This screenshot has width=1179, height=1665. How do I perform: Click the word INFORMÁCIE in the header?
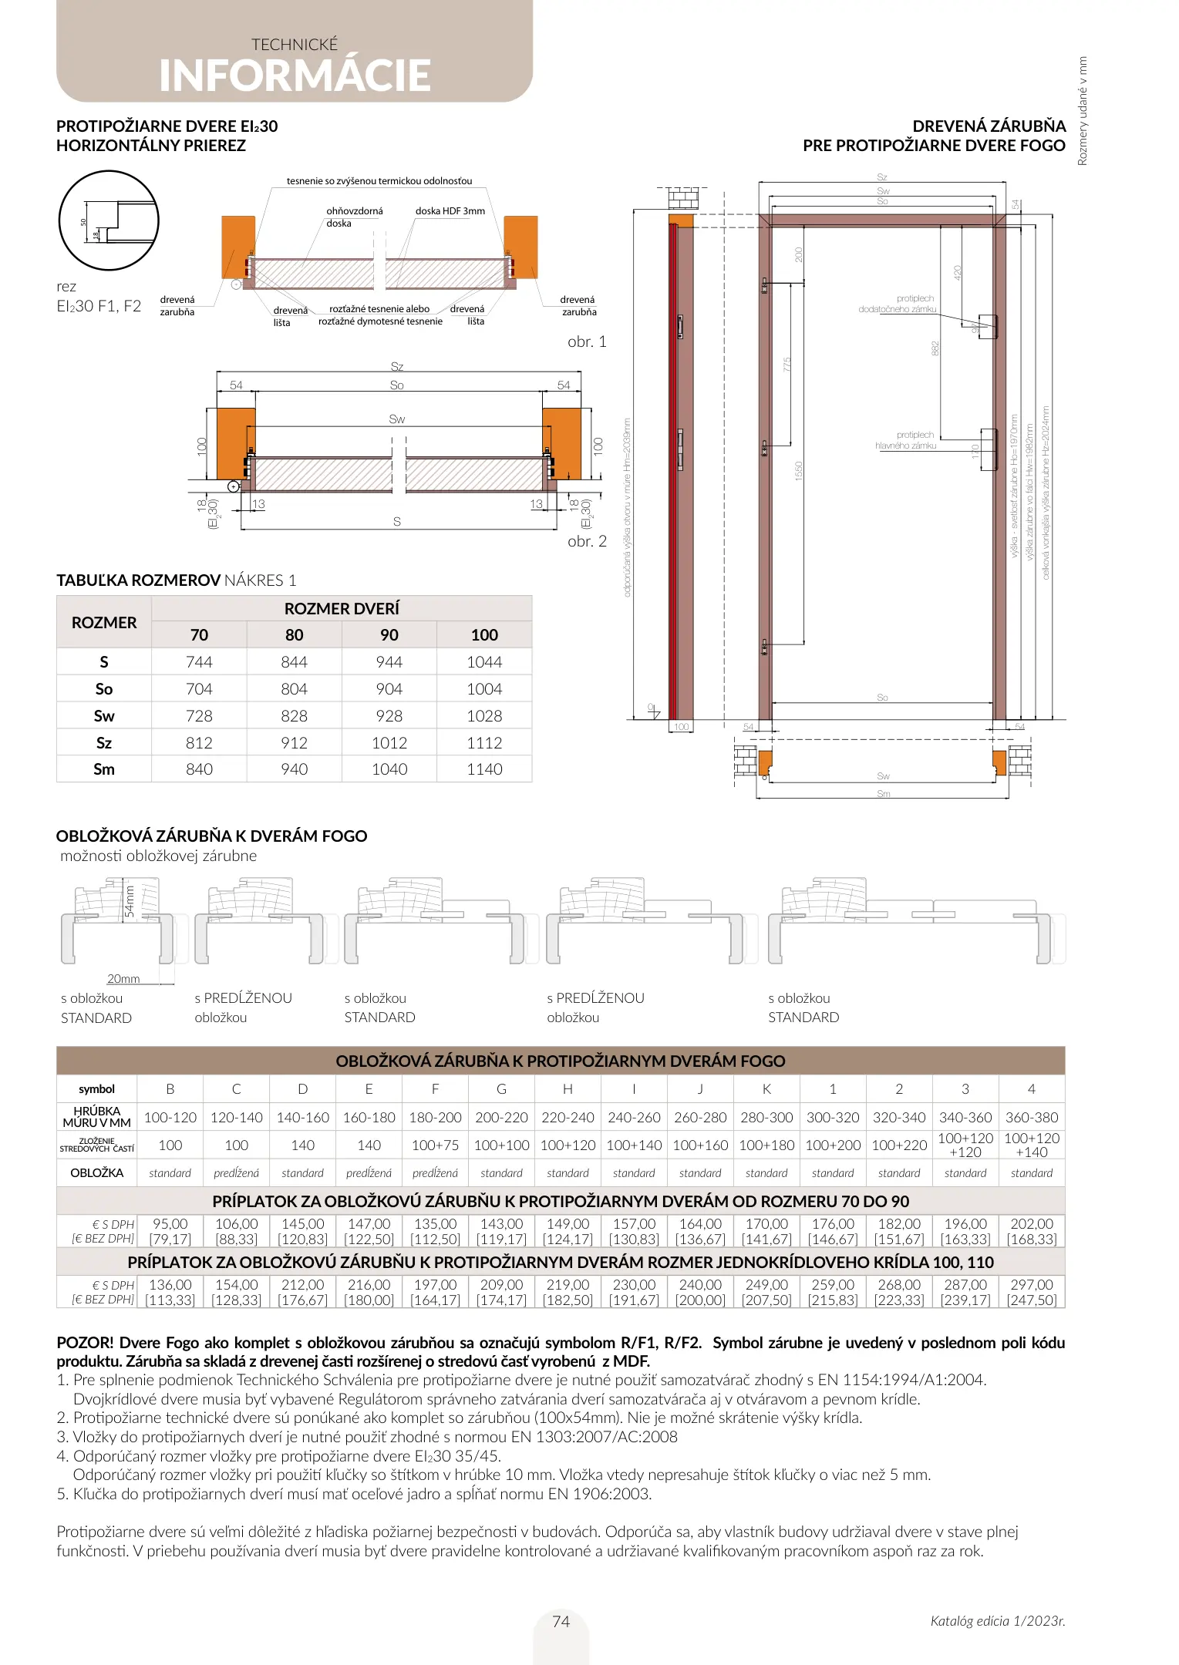(x=295, y=76)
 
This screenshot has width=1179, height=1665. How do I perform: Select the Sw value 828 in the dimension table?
(x=294, y=715)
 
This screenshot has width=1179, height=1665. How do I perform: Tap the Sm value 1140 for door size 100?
(x=484, y=769)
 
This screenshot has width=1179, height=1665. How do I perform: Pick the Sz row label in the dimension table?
(x=104, y=743)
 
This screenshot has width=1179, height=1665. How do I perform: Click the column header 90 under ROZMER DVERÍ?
(x=389, y=635)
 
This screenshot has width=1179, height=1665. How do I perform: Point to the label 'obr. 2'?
(x=587, y=541)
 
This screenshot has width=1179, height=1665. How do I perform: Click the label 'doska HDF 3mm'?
(x=450, y=210)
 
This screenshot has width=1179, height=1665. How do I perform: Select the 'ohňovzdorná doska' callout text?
(x=354, y=217)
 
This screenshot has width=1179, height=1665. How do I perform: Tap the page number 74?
(x=561, y=1621)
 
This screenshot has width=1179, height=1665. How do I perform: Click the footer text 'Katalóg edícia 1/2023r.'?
(x=997, y=1621)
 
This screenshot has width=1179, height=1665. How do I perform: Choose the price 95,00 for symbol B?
(x=170, y=1224)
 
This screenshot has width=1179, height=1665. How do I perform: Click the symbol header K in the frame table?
(x=766, y=1089)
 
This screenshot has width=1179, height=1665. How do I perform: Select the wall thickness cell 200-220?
(x=501, y=1118)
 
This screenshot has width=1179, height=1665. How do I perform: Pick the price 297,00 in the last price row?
(x=1032, y=1285)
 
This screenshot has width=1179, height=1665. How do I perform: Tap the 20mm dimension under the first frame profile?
(x=123, y=979)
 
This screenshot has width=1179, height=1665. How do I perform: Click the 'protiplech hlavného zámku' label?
(x=906, y=440)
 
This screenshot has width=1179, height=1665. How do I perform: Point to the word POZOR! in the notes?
(x=85, y=1343)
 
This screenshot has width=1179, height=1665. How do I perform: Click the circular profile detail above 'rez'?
(x=109, y=220)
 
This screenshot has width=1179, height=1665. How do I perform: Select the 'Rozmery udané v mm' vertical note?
(x=1082, y=111)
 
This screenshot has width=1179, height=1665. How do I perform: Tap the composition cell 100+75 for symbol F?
(x=435, y=1145)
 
